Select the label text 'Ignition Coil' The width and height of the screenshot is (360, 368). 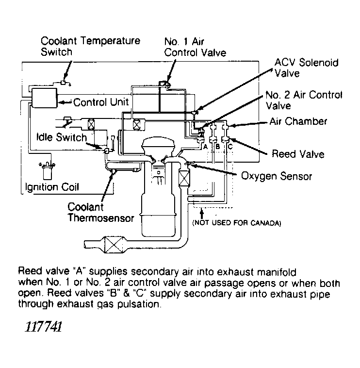coord(52,187)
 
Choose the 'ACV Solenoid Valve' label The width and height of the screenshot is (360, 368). coord(306,68)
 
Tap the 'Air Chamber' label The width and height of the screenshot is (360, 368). coord(305,121)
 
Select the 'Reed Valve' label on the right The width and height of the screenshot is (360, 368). coord(297,154)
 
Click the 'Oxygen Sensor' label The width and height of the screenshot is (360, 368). coord(277,175)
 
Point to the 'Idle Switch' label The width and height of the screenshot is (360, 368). coord(61,137)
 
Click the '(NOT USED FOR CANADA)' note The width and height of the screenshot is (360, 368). coord(236,223)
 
